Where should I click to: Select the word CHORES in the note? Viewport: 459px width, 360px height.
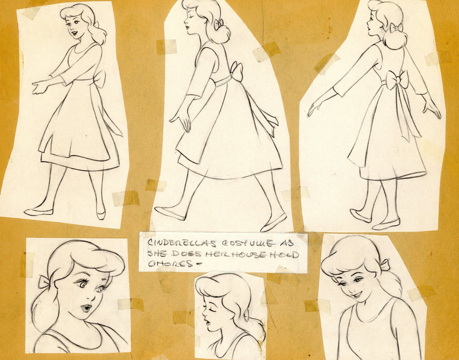170,264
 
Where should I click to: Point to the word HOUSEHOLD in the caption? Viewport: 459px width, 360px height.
252,254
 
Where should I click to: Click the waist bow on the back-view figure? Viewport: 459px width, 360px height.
397,80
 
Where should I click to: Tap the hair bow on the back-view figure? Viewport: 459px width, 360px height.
396,28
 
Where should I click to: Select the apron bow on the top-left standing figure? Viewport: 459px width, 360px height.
99,79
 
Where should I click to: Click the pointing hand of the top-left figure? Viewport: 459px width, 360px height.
40,88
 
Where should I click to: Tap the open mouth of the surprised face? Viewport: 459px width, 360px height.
86,308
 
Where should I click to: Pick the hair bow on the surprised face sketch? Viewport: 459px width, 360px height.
45,281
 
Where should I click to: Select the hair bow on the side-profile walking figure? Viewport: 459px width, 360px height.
218,24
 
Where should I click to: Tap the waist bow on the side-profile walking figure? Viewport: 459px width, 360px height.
237,72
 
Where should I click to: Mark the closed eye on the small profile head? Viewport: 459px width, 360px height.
211,307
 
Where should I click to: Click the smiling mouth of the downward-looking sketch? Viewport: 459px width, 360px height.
357,294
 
